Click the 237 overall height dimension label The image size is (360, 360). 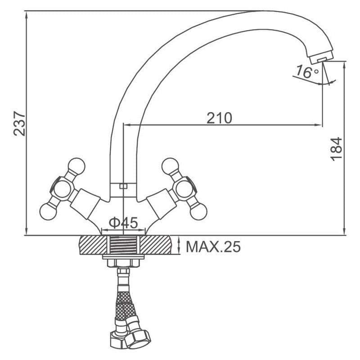point(19,124)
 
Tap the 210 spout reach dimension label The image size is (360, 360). point(219,118)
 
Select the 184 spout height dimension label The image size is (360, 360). point(336,149)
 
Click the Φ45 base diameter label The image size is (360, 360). point(123,222)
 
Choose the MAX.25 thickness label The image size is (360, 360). point(213,247)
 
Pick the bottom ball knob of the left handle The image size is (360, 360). point(48,211)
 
